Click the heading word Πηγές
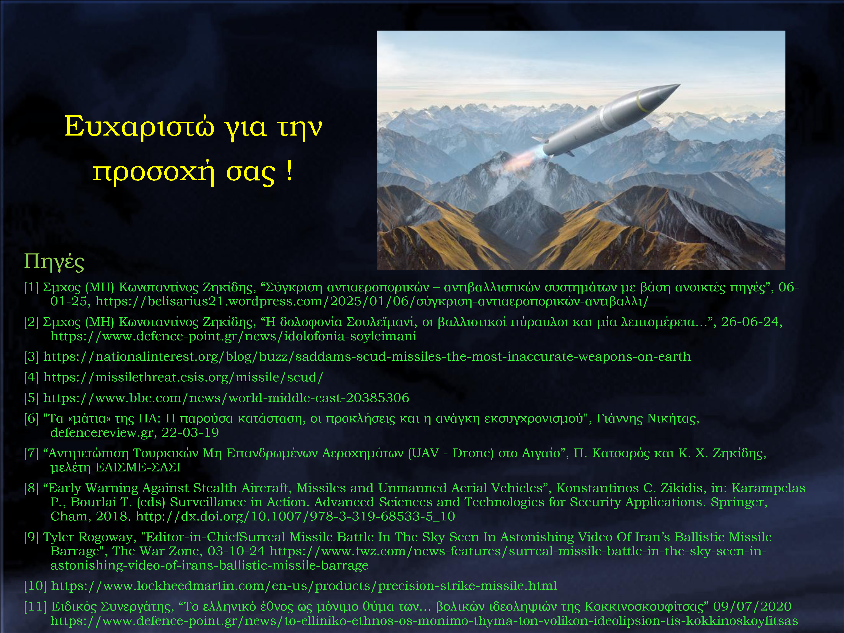coord(54,262)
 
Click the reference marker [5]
coord(31,398)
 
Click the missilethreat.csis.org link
coord(183,377)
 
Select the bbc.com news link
coord(226,398)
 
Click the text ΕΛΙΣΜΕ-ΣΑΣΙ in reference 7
coord(138,467)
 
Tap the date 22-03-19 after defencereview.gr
coord(190,432)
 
